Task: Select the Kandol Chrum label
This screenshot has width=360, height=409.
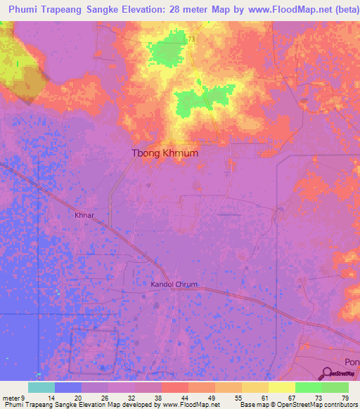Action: click(174, 285)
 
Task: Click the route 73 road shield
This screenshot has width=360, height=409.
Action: click(191, 40)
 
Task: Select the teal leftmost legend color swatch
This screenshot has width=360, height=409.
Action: click(41, 387)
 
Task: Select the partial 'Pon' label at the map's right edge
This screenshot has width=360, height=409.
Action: click(352, 363)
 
